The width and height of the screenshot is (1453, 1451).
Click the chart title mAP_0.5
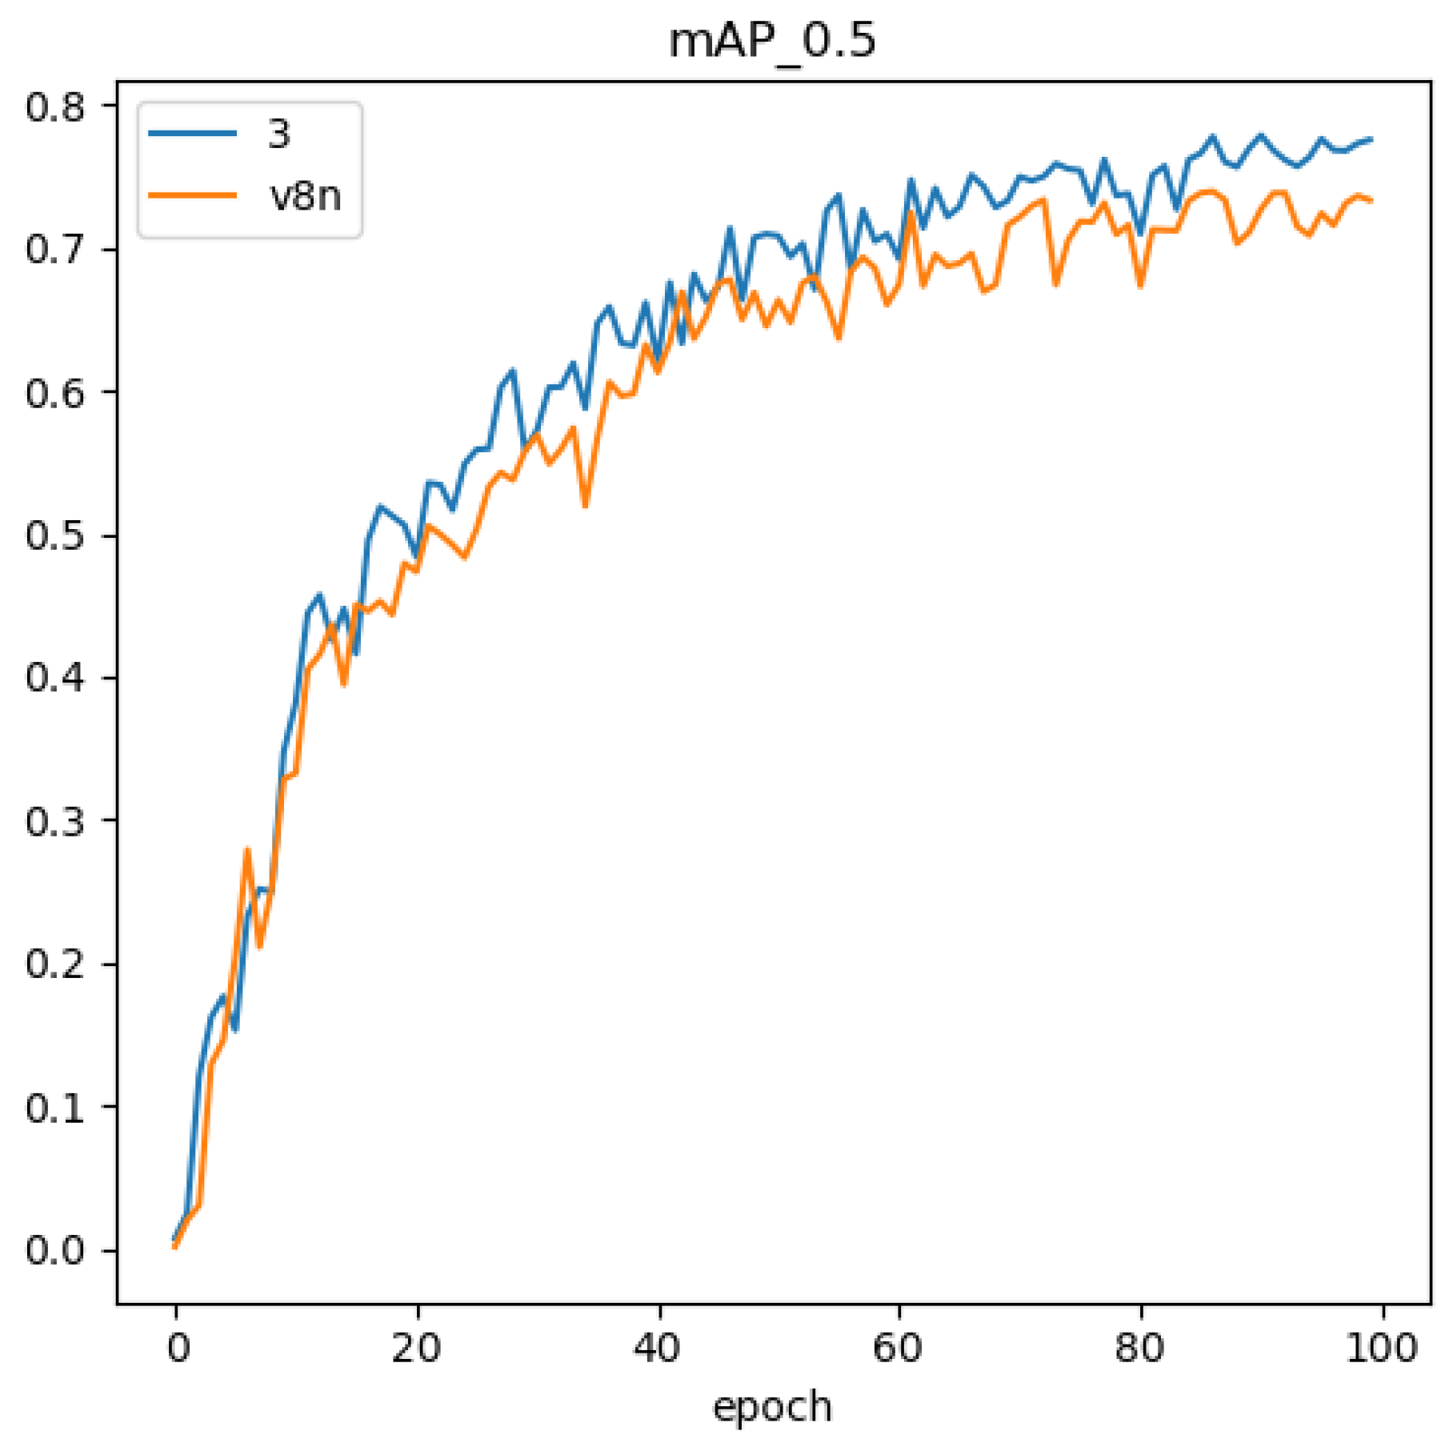tap(772, 42)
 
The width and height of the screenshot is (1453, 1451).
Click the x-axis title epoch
tap(772, 1406)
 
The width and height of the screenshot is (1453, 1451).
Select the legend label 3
tap(278, 134)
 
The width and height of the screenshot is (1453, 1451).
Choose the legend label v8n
tap(306, 196)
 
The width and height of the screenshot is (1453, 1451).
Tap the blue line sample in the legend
tap(193, 134)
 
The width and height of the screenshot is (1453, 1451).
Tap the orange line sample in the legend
tap(193, 195)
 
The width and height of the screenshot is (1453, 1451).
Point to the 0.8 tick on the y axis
tap(54, 106)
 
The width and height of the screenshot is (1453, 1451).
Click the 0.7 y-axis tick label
tap(54, 250)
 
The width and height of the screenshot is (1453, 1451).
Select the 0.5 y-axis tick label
tap(54, 535)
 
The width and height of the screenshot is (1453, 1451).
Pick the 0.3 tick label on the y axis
tap(54, 821)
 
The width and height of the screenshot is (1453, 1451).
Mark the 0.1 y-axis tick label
tap(54, 1108)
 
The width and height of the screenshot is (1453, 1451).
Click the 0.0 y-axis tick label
tap(54, 1250)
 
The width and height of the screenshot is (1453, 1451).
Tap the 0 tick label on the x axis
tap(177, 1349)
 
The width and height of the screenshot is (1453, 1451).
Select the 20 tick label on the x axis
tap(417, 1349)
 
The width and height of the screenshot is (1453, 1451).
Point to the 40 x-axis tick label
tap(658, 1349)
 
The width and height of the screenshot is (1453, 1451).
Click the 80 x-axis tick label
tap(1140, 1349)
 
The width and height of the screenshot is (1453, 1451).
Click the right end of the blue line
tap(1371, 139)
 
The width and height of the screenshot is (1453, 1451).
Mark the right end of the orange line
tap(1371, 200)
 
